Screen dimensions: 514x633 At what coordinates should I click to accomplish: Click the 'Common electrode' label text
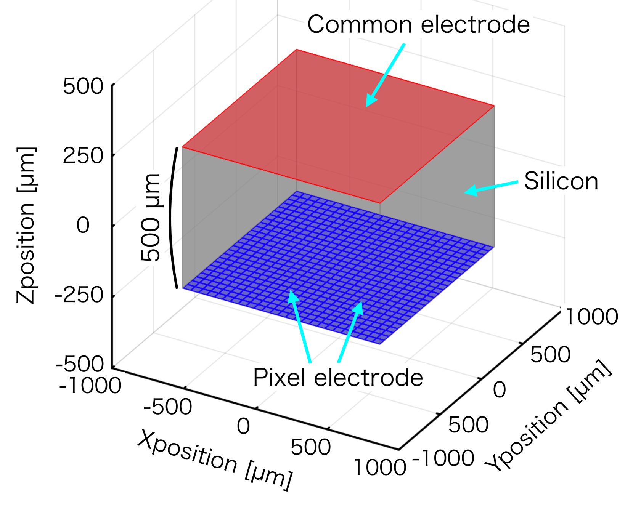point(418,25)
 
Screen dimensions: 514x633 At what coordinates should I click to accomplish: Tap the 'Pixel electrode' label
point(338,378)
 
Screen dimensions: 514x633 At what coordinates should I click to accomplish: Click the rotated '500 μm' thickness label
point(150,218)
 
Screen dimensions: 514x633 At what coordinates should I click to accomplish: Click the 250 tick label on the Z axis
point(83,155)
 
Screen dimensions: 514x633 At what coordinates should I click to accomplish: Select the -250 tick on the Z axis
point(79,295)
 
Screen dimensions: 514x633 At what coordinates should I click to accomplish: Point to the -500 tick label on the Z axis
point(79,364)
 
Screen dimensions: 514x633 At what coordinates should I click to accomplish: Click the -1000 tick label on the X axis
point(90,386)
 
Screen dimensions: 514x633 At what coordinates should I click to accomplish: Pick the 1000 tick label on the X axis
point(380,468)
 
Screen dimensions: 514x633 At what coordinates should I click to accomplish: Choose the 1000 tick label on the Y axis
point(591,317)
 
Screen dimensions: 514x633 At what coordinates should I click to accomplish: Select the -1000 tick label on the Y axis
point(443,458)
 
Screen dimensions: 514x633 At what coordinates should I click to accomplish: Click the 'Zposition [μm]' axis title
point(27,225)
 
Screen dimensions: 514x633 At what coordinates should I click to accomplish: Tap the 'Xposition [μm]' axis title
point(215,459)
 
